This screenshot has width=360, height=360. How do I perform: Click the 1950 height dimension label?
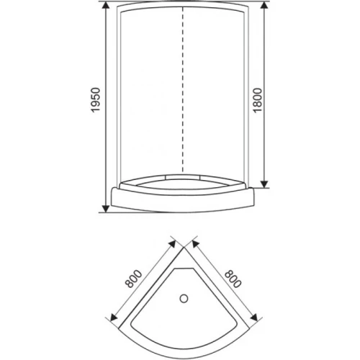(96, 100)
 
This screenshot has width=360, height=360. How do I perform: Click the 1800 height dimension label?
(258, 100)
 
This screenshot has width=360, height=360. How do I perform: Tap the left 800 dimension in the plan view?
(133, 279)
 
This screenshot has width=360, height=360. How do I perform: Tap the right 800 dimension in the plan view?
(233, 279)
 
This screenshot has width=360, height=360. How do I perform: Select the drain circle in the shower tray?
(184, 299)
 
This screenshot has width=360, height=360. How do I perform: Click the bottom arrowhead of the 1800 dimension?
(264, 184)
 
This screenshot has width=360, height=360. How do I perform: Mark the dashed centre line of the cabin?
(183, 89)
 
